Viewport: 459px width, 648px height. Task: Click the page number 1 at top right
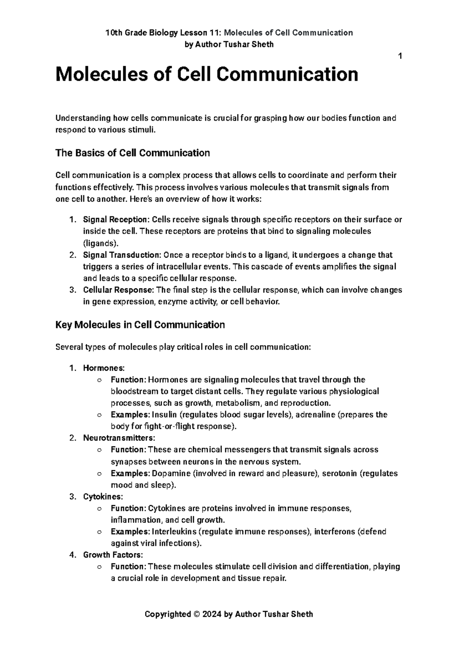400,57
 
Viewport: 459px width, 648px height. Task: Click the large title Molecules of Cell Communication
207,75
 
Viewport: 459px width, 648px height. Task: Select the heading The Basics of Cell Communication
132,153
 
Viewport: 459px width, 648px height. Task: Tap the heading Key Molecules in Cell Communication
140,325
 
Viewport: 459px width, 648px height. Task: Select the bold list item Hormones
103,368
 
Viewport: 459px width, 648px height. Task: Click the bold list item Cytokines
103,497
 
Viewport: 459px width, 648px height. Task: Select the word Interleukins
174,532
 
